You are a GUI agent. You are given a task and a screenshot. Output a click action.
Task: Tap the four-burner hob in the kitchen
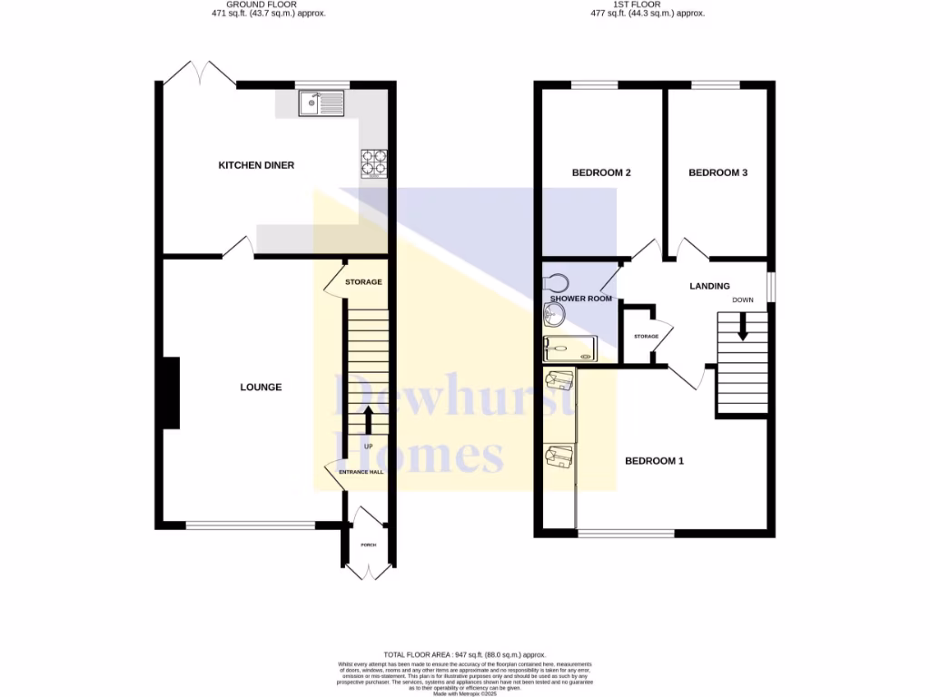pos(373,162)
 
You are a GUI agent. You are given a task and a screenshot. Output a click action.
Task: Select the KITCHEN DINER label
pos(256,165)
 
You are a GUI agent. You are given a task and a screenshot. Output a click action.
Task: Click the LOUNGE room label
pos(261,388)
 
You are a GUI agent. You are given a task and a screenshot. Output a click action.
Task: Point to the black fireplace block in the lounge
pos(170,392)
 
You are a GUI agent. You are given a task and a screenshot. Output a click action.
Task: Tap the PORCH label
pos(368,545)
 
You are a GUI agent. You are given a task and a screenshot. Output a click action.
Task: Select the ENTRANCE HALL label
pos(361,473)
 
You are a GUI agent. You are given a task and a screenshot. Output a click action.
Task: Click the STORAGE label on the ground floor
pos(363,282)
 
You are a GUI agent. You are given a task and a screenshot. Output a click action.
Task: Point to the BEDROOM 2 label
pos(601,172)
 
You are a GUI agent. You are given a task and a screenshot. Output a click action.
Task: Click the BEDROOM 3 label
pos(717,172)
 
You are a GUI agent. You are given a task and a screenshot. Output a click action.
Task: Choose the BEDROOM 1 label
pos(654,461)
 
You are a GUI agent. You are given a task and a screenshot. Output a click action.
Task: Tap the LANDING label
pos(709,286)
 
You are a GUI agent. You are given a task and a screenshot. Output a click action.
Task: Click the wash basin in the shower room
pos(553,315)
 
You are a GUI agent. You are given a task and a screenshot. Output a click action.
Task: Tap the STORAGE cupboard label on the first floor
pos(646,337)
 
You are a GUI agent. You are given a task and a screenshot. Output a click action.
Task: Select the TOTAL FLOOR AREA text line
pos(464,654)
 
